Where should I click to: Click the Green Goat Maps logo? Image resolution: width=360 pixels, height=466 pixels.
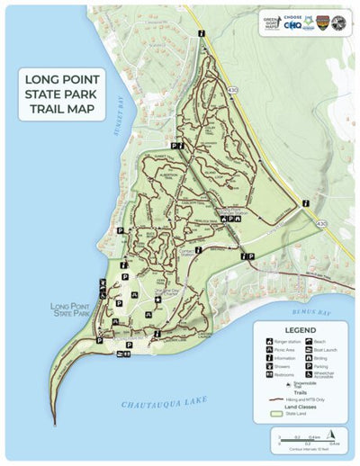pos(271,24)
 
